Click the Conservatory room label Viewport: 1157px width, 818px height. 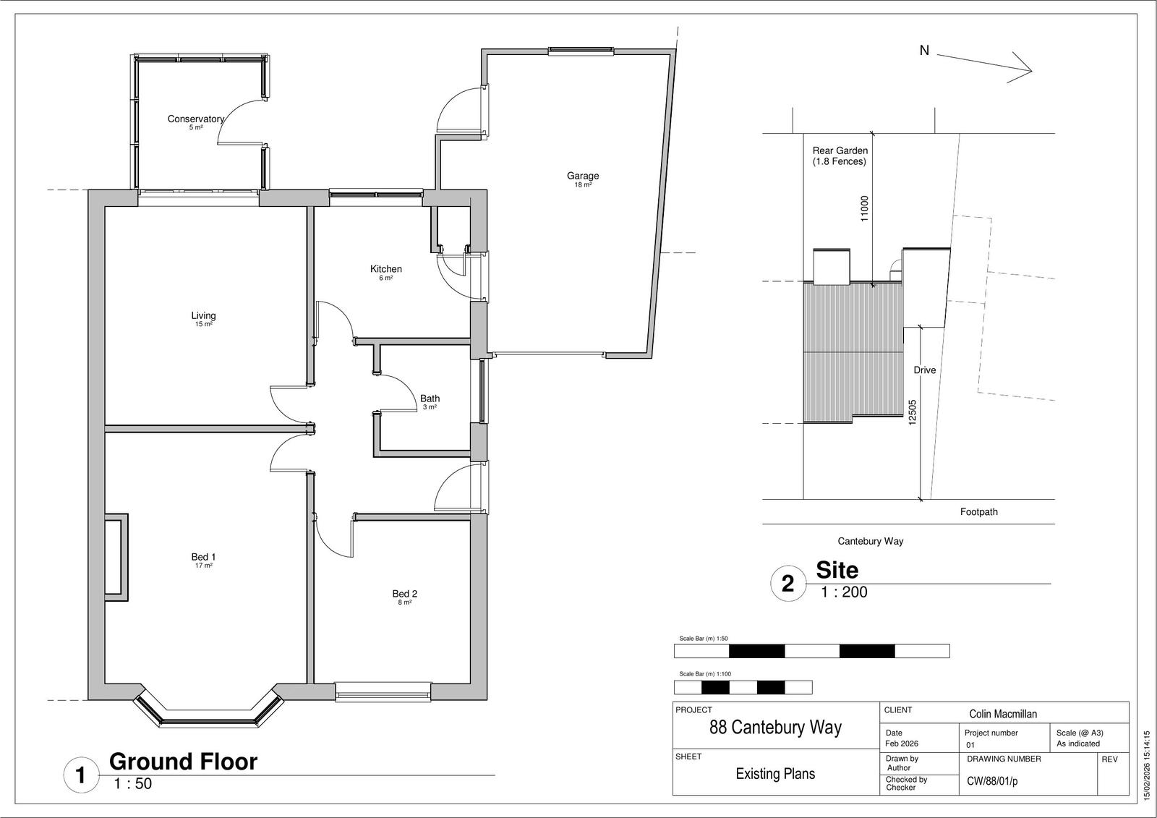click(196, 119)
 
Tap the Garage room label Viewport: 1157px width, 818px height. click(583, 176)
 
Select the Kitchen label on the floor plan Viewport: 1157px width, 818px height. click(386, 269)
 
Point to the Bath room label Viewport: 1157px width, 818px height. click(430, 399)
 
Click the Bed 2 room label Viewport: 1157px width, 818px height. click(404, 594)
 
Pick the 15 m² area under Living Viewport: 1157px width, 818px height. click(203, 325)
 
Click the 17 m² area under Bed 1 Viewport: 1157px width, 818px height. click(203, 566)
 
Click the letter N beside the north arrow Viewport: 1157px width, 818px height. click(925, 51)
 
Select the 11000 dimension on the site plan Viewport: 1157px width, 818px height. click(865, 208)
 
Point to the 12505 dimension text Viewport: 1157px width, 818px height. click(912, 412)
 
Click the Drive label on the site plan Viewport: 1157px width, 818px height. click(925, 370)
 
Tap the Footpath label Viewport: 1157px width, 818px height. click(979, 511)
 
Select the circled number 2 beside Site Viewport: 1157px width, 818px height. click(787, 584)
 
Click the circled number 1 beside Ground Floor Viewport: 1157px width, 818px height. click(80, 775)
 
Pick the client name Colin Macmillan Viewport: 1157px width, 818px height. click(1002, 714)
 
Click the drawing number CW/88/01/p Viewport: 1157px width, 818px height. click(992, 781)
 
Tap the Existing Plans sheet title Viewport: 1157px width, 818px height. click(775, 774)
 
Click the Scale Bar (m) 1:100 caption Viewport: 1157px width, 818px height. click(705, 674)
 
